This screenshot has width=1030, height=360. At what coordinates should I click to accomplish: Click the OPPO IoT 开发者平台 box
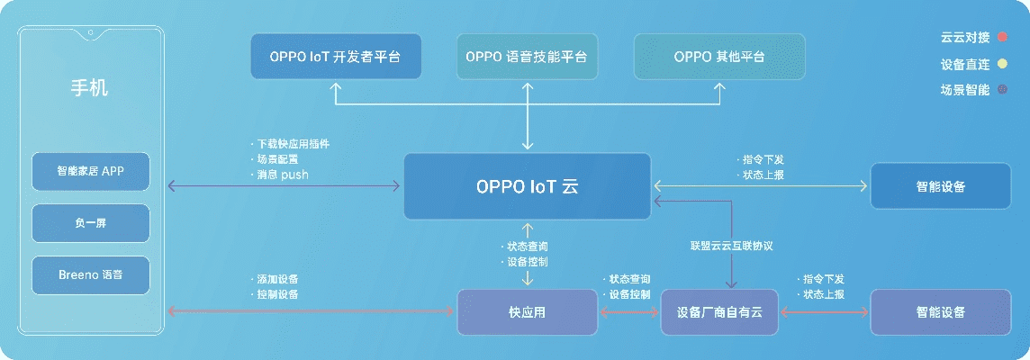tap(334, 57)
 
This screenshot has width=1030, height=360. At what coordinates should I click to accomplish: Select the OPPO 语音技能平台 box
tap(527, 57)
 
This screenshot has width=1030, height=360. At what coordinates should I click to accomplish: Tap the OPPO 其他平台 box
tap(719, 57)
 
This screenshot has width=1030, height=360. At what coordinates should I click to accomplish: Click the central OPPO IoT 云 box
tap(527, 186)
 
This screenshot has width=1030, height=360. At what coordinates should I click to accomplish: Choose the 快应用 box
tap(527, 312)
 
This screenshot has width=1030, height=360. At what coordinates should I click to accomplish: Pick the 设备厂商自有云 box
tap(719, 312)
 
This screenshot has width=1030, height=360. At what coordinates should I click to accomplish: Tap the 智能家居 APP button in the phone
tap(90, 171)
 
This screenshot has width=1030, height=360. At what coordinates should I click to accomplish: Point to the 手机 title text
tap(90, 88)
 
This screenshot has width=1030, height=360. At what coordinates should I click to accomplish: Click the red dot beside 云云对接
tap(1001, 38)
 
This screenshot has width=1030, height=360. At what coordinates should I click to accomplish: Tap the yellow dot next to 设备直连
tap(1001, 64)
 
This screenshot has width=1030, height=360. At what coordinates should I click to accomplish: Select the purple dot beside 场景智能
tap(1001, 89)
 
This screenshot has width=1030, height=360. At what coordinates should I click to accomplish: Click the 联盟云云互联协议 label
tap(732, 246)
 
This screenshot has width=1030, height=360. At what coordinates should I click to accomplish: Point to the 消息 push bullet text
tap(282, 175)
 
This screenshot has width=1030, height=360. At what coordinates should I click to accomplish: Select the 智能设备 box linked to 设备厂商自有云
tap(941, 312)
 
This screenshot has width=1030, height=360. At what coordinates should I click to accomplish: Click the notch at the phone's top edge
tap(90, 35)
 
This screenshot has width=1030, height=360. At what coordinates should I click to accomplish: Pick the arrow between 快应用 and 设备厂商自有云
tap(629, 312)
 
